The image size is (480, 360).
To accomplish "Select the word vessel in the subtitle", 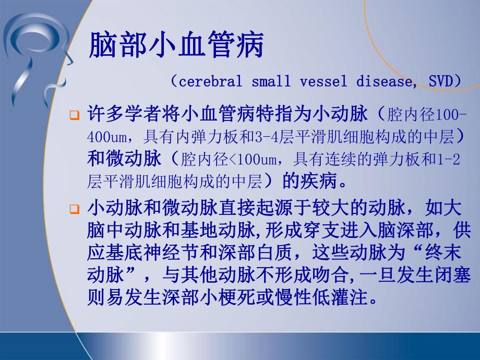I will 321,82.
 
